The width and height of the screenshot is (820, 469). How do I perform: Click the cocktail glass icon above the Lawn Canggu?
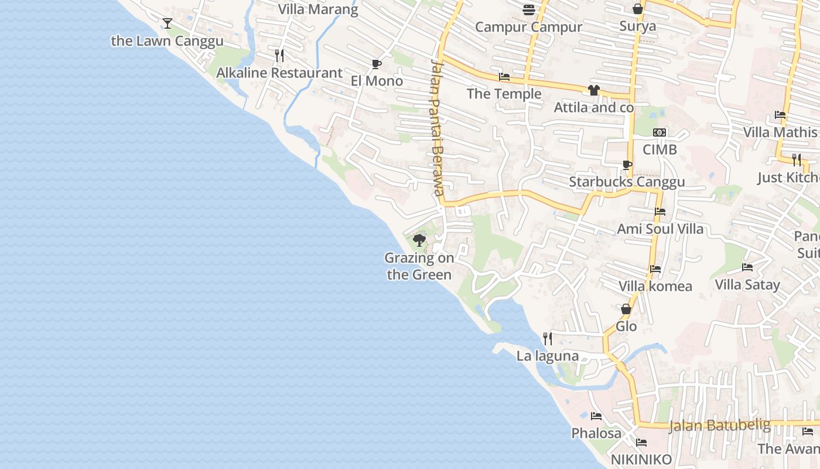click(168, 23)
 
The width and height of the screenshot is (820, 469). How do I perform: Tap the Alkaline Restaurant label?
click(279, 73)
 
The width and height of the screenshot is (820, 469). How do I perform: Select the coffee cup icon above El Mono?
click(377, 64)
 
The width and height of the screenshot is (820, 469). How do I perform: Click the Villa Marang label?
click(318, 9)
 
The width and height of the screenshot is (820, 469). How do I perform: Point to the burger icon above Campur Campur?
click(529, 9)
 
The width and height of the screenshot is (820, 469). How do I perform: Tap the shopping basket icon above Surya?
click(638, 9)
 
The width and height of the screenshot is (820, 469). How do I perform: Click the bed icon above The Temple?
click(504, 77)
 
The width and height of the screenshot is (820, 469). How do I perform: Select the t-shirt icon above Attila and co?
click(594, 90)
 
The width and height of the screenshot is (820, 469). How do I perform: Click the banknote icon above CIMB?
click(660, 132)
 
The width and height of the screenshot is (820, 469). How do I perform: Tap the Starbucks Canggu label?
click(627, 182)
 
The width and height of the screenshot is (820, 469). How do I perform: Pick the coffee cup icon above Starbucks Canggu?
click(627, 165)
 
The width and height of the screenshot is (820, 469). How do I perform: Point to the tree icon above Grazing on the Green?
click(419, 240)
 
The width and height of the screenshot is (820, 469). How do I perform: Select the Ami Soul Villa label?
click(660, 229)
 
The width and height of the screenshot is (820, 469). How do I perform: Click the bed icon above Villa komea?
click(655, 269)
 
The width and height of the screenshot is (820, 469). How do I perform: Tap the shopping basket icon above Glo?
click(626, 309)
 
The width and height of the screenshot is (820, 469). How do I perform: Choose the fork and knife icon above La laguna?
click(548, 338)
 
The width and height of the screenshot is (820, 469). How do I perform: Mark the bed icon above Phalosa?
click(596, 416)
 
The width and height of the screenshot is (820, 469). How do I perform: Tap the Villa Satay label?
click(747, 285)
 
